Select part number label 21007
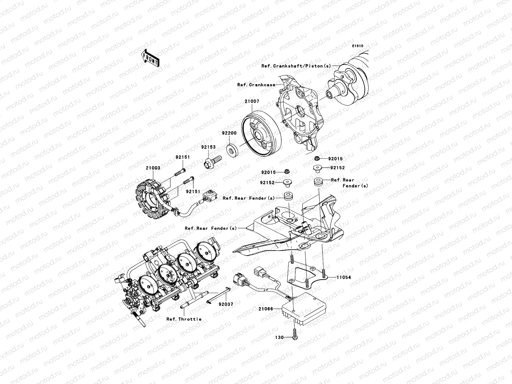(x=252, y=101)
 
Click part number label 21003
(x=153, y=168)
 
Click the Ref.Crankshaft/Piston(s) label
(x=296, y=66)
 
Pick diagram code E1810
(x=358, y=46)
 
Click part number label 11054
(x=343, y=277)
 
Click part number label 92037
(x=226, y=304)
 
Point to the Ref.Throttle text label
(x=184, y=319)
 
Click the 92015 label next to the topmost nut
(x=335, y=159)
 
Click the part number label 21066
(x=266, y=309)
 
